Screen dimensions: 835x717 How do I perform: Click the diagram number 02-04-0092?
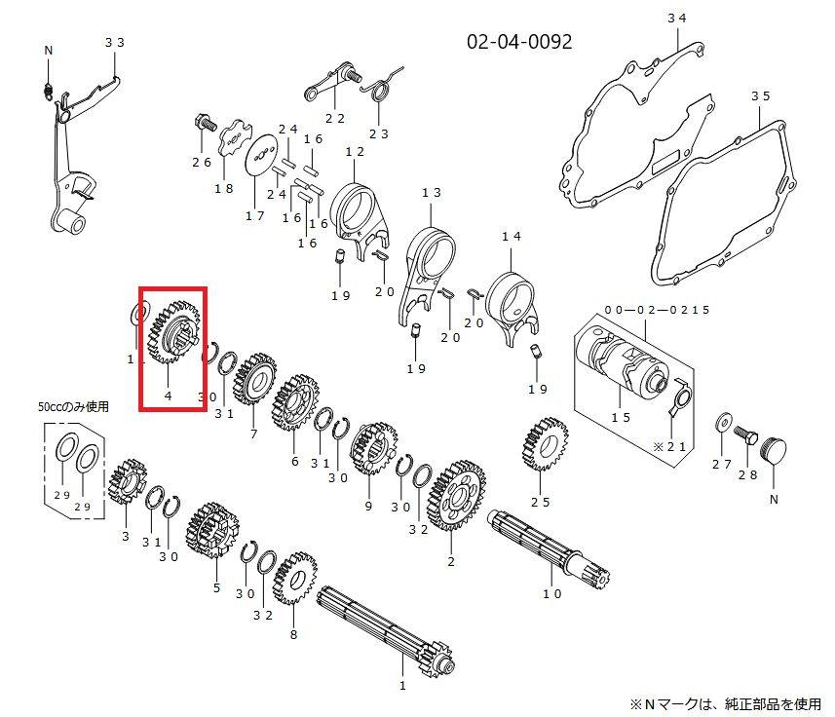[519, 42]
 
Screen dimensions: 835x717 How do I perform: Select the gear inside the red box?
[173, 331]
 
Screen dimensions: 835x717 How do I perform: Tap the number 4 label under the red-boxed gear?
[169, 396]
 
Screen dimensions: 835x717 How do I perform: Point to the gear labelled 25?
[545, 444]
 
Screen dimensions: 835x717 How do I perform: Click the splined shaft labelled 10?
[549, 547]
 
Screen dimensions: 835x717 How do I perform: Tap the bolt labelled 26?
[205, 124]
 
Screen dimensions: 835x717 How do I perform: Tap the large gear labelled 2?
[456, 496]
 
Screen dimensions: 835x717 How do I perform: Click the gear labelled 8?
[294, 578]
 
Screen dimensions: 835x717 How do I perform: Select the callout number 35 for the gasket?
[760, 96]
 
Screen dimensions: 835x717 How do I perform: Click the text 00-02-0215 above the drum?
[657, 310]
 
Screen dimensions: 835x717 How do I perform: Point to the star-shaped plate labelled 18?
[234, 138]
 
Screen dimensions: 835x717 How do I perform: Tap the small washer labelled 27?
[723, 422]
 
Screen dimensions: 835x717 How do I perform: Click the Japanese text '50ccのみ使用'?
[73, 406]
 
